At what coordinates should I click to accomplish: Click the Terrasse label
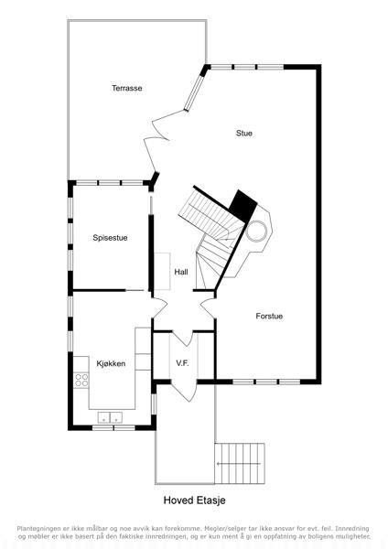127,88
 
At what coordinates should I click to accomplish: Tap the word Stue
244,133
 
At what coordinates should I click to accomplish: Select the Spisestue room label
110,238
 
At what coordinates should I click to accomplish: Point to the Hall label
181,272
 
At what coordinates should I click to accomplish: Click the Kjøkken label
111,363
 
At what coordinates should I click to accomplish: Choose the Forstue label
269,317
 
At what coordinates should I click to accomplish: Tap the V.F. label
182,363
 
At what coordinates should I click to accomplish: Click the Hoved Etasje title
194,500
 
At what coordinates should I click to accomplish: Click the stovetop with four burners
81,380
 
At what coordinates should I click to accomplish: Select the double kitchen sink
110,417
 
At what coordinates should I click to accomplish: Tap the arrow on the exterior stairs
239,464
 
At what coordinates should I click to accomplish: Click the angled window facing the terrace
194,92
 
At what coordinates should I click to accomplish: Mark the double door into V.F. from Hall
183,339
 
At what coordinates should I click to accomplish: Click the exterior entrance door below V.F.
184,392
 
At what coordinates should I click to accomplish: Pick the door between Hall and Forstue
209,308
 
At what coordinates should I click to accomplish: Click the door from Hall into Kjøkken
160,308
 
